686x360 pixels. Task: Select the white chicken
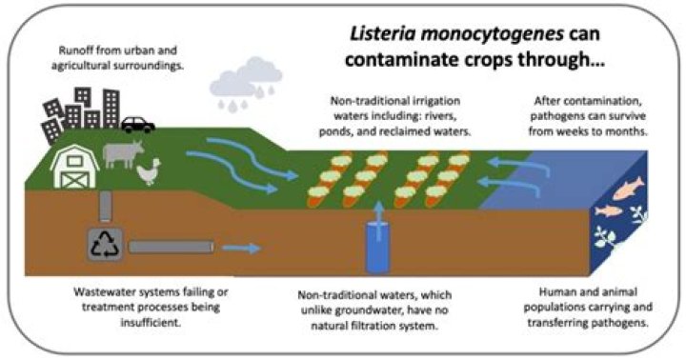tap(148, 171)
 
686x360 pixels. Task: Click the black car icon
tap(137, 124)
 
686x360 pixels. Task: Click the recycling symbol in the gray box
tap(102, 246)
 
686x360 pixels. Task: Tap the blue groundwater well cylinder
tap(373, 245)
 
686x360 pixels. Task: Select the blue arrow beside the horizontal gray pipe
tap(245, 249)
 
